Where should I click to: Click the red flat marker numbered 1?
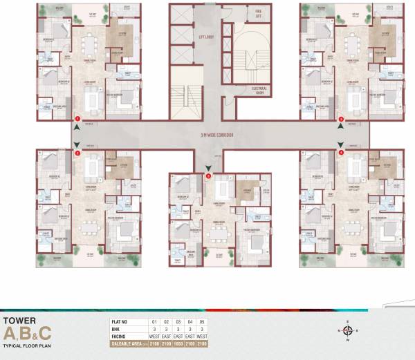[x=77, y=120]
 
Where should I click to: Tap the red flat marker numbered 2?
[x=77, y=153]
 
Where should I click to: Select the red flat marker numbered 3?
[x=208, y=176]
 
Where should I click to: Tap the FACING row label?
[x=120, y=337]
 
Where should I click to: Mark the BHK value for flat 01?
[x=155, y=330]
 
